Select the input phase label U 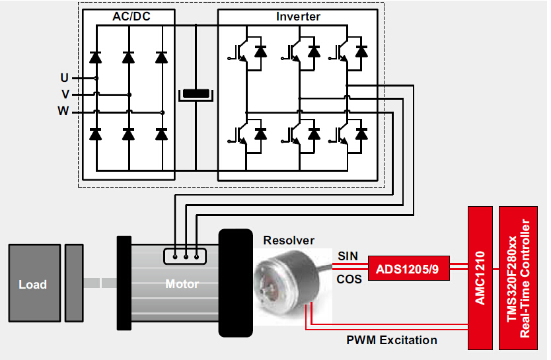(x=64, y=78)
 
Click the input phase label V (x=65, y=94)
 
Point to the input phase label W (x=63, y=111)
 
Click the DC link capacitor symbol (x=196, y=94)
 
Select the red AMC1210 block (x=480, y=277)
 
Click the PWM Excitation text (x=392, y=340)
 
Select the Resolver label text (x=289, y=240)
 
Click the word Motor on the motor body (x=182, y=284)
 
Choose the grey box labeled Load (x=32, y=284)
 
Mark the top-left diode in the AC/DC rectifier (x=96, y=57)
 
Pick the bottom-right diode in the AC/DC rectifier (x=161, y=134)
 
